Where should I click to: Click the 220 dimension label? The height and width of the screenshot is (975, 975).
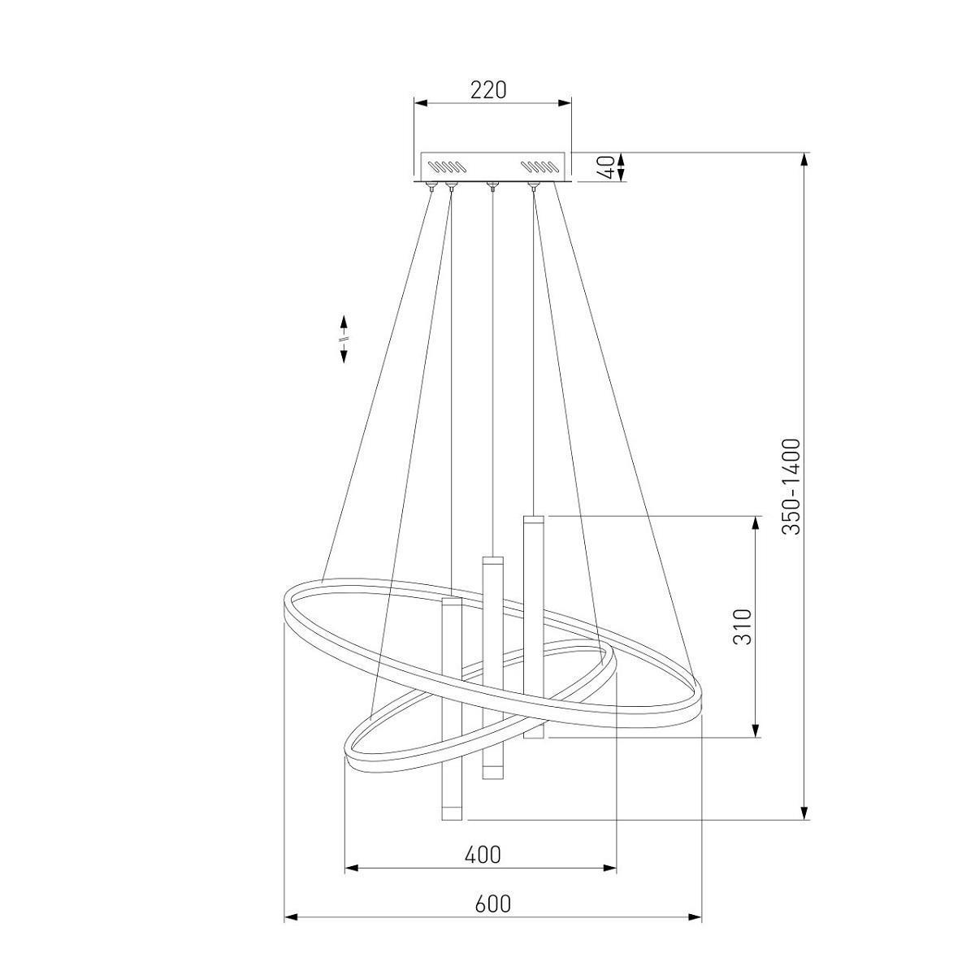[x=488, y=90]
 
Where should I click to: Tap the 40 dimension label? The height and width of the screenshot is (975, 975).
[x=609, y=167]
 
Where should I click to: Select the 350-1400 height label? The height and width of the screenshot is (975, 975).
[x=791, y=487]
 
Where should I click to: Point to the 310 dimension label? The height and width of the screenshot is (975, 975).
[x=743, y=626]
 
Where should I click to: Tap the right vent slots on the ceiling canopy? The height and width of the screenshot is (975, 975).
[x=539, y=167]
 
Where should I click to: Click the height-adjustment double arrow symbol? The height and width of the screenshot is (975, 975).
[x=344, y=339]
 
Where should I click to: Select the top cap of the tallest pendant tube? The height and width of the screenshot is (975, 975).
[x=533, y=519]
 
